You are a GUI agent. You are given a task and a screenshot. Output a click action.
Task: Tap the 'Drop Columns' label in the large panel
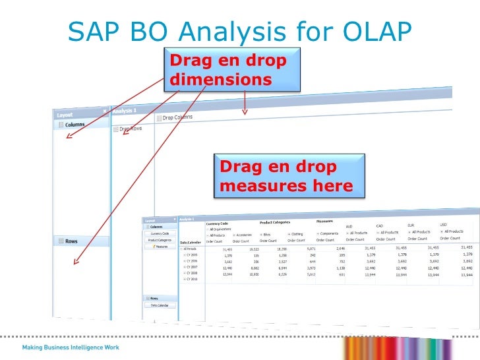coord(177,117)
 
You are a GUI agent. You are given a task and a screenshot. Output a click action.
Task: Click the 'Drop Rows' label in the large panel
coord(131,129)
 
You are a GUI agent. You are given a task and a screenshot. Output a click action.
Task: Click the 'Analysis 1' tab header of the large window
coord(125,111)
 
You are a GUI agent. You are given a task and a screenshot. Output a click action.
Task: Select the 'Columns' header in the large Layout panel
coord(74,125)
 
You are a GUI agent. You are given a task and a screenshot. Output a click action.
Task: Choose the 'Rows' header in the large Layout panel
coord(71,241)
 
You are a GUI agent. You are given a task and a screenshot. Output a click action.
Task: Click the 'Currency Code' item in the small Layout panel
coord(160,233)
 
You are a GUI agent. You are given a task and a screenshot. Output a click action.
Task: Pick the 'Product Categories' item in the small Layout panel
coord(160,240)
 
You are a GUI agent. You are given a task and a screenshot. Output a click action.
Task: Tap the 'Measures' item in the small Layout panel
coord(161,247)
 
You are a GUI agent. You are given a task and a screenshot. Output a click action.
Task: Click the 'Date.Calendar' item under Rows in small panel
coord(160,305)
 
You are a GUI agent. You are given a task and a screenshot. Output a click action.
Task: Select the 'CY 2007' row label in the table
coord(191,267)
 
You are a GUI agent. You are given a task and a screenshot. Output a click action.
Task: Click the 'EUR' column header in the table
coord(411,224)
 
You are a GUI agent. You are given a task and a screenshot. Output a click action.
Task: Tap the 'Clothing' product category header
coord(297,233)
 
